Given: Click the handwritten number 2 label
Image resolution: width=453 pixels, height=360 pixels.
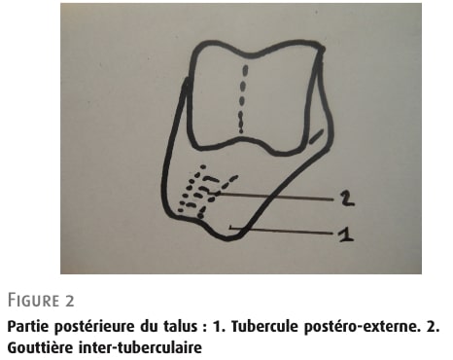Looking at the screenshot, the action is click(x=347, y=198).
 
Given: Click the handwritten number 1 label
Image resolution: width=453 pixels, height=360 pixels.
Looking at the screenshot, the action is click(x=345, y=234).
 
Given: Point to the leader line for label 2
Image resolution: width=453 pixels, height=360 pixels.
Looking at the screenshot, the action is click(x=275, y=197).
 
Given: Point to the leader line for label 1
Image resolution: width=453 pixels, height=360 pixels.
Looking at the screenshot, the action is click(x=281, y=230).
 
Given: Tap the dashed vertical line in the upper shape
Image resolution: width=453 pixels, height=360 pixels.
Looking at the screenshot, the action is click(x=243, y=99).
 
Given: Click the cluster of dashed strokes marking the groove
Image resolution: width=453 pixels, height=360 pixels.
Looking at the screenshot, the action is click(x=203, y=192).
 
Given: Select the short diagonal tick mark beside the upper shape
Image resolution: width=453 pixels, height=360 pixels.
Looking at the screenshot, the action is click(x=316, y=136).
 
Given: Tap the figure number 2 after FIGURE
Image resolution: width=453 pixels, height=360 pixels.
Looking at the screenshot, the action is click(x=70, y=301).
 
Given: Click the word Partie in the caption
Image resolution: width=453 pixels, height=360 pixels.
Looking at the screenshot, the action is click(x=28, y=326).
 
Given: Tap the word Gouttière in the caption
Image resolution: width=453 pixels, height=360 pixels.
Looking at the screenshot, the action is click(x=40, y=348).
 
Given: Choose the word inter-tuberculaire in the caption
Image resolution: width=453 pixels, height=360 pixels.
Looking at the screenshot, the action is click(x=141, y=348).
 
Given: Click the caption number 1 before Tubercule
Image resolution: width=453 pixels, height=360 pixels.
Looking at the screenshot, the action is click(x=219, y=326).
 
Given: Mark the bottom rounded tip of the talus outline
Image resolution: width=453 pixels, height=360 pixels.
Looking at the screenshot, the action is click(x=226, y=238).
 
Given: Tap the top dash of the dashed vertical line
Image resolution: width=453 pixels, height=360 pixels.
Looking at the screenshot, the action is click(x=245, y=70).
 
